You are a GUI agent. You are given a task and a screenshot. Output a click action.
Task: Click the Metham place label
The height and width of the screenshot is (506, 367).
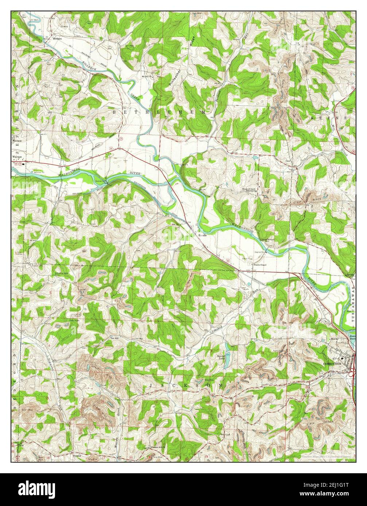click(x=58, y=38)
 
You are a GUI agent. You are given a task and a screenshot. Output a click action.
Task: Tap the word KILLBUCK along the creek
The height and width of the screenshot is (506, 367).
click(x=81, y=64)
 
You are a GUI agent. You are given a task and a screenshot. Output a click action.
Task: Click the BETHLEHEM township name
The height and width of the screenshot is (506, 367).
click(x=160, y=112)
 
